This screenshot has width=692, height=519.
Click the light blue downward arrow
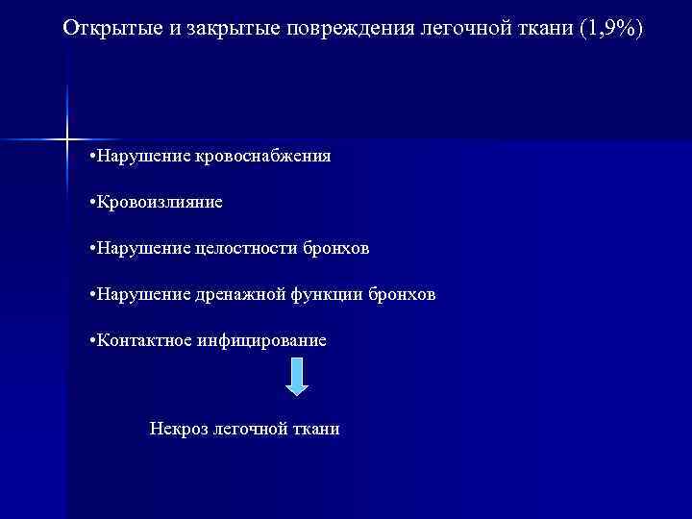298,376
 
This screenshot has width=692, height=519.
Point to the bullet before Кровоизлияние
89,203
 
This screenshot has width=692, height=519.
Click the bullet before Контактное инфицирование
89,341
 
